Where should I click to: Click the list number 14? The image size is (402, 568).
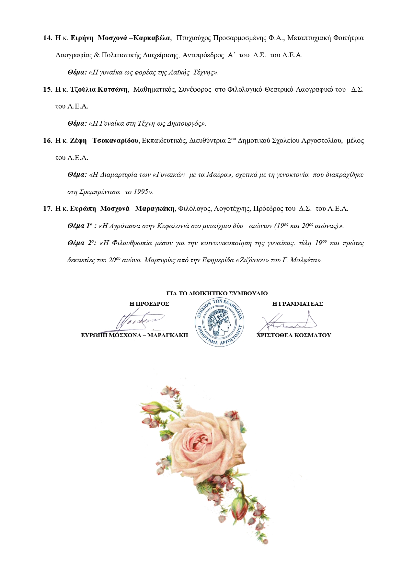pyautogui.click(x=47, y=38)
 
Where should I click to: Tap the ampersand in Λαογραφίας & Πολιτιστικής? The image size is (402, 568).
pyautogui.click(x=97, y=55)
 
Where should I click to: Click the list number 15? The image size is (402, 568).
pyautogui.click(x=47, y=89)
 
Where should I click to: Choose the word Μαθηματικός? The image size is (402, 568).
pyautogui.click(x=155, y=89)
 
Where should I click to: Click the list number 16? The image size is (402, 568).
pyautogui.click(x=47, y=141)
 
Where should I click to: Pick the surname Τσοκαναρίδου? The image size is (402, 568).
pyautogui.click(x=116, y=141)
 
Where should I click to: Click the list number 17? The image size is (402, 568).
pyautogui.click(x=47, y=209)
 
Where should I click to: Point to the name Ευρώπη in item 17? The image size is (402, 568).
pyautogui.click(x=83, y=209)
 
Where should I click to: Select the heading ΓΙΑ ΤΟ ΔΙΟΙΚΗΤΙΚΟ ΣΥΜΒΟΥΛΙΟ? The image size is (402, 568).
pyautogui.click(x=217, y=293)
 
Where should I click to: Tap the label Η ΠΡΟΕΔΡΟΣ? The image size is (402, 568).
pyautogui.click(x=149, y=304)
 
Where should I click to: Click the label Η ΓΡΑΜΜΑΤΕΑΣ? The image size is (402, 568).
pyautogui.click(x=298, y=304)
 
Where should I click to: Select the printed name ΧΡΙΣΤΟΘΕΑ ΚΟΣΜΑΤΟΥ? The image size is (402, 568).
pyautogui.click(x=294, y=335)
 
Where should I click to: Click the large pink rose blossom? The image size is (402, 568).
pyautogui.click(x=207, y=447)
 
